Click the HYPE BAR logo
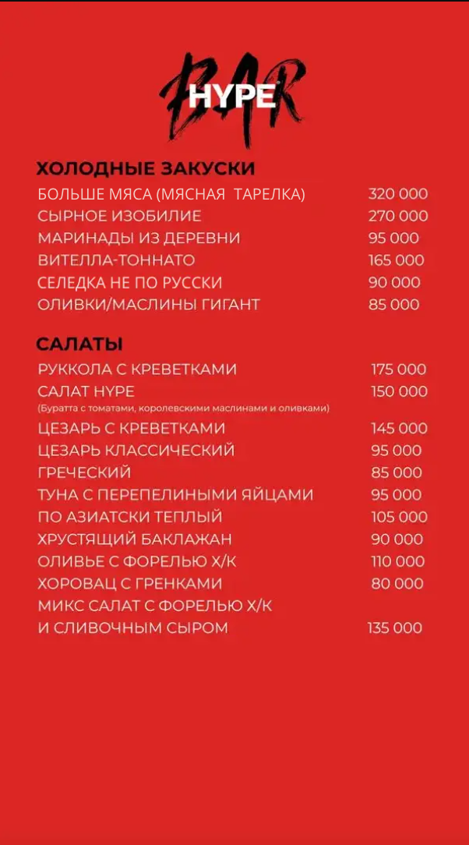(232, 97)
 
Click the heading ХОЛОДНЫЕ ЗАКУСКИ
(146, 168)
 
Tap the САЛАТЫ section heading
(79, 344)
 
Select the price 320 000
(397, 194)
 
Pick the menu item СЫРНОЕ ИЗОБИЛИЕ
(119, 216)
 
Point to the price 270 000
(397, 216)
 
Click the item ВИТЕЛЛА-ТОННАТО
(116, 260)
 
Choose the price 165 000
(396, 260)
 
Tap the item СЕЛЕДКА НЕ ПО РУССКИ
(130, 282)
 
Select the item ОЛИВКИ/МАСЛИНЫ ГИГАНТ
(149, 304)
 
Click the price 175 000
(399, 369)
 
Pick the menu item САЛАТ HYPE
(86, 391)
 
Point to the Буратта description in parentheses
(183, 408)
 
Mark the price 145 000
(399, 429)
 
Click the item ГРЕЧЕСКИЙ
(84, 473)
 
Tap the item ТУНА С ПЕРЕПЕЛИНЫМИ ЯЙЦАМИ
(175, 495)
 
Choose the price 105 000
(399, 517)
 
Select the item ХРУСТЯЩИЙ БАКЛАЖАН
(135, 539)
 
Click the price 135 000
(394, 628)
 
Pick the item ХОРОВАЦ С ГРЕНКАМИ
(130, 584)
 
